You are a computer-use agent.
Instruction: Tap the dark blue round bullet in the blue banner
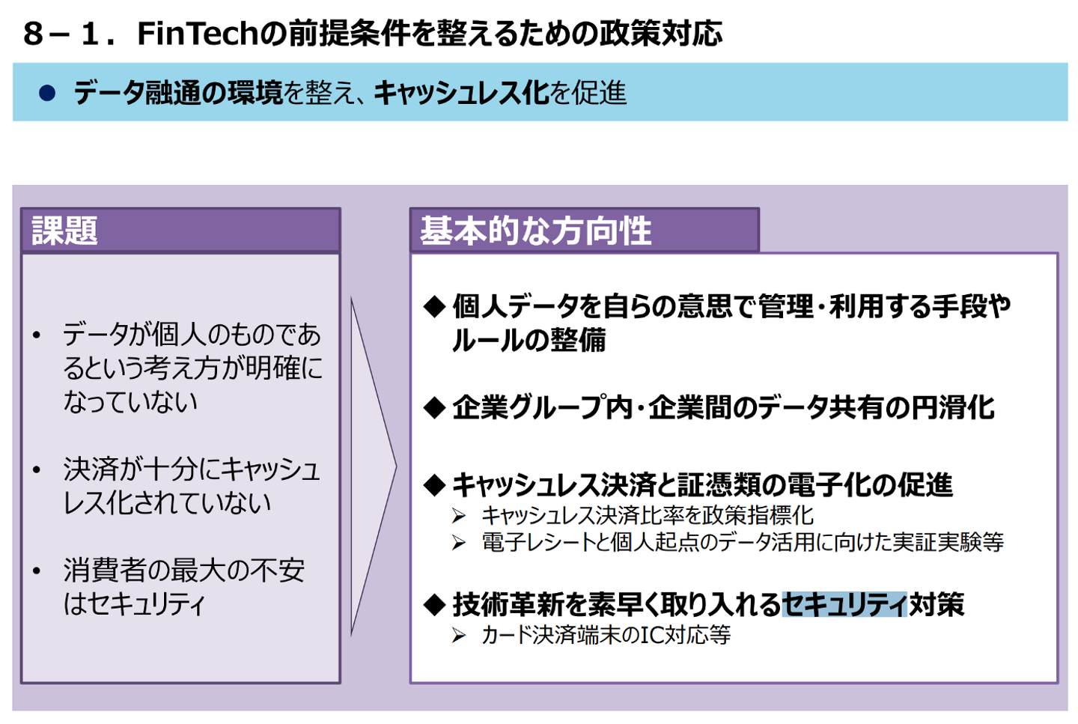click(47, 93)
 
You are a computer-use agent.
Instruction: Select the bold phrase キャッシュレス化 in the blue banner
click(462, 93)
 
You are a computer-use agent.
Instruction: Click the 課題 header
click(65, 230)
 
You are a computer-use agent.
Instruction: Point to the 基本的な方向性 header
click(535, 230)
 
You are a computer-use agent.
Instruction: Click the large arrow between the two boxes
click(372, 466)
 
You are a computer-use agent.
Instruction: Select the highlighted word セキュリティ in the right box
click(844, 604)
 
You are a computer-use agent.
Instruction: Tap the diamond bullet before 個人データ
click(434, 306)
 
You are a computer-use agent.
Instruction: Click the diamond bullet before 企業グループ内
click(434, 408)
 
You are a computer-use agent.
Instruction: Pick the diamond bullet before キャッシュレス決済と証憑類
click(434, 485)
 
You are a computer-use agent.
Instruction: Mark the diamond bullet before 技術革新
click(434, 605)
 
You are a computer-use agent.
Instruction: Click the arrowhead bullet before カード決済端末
click(459, 636)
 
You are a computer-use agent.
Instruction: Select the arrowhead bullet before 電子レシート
click(459, 543)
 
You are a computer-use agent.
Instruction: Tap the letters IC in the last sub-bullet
click(652, 636)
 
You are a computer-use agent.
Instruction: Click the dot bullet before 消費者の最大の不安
click(37, 571)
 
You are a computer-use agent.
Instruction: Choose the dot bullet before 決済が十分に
click(37, 470)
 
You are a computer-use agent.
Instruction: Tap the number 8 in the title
click(33, 34)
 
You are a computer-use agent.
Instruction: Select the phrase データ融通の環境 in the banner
click(178, 93)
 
